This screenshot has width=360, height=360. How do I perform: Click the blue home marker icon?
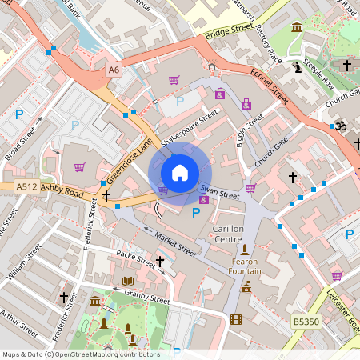180,172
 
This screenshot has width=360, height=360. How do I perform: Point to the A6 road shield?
114,70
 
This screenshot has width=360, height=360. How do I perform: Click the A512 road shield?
26,187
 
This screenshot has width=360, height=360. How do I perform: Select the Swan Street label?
220,193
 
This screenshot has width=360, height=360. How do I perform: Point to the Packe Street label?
136,258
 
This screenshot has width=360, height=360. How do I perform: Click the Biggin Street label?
248,132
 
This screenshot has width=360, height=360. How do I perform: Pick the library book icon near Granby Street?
128,281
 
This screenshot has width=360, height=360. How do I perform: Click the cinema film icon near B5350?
235,319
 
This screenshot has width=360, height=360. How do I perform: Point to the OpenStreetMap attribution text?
81,354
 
